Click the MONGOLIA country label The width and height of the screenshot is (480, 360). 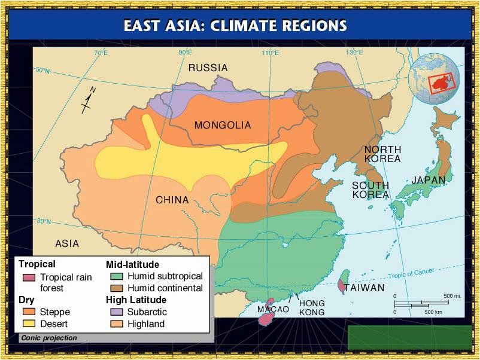pyautogui.click(x=223, y=126)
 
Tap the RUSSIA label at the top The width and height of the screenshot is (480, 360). pyautogui.click(x=208, y=68)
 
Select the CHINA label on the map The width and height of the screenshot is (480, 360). pyautogui.click(x=172, y=200)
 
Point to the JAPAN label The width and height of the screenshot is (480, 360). pyautogui.click(x=428, y=180)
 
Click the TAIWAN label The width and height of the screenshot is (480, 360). pyautogui.click(x=364, y=288)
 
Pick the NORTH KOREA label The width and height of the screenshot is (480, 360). pyautogui.click(x=382, y=154)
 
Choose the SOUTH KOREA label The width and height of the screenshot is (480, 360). pyautogui.click(x=370, y=190)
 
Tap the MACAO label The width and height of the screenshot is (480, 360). pyautogui.click(x=273, y=310)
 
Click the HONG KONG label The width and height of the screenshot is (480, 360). pyautogui.click(x=312, y=308)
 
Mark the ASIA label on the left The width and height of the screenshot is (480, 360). pyautogui.click(x=67, y=244)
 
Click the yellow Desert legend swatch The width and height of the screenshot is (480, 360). pyautogui.click(x=28, y=324)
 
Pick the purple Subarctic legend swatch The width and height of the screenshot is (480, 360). pyautogui.click(x=117, y=312)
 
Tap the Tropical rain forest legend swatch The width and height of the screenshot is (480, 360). pyautogui.click(x=28, y=277)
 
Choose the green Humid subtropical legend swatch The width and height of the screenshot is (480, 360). pyautogui.click(x=117, y=277)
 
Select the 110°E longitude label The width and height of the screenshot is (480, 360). pyautogui.click(x=270, y=53)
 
